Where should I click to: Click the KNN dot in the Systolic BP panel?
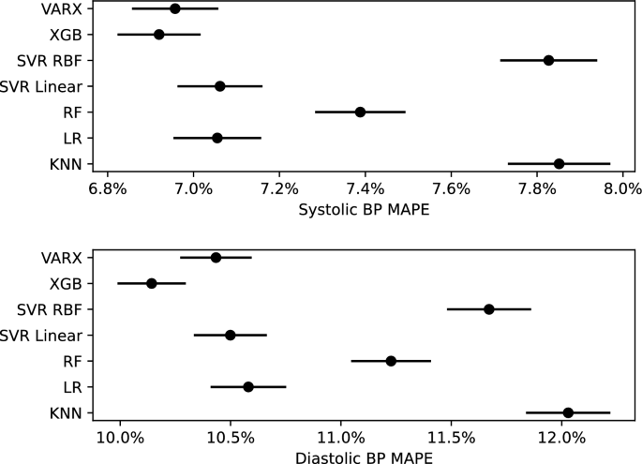point(559,163)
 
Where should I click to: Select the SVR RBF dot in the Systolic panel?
point(548,60)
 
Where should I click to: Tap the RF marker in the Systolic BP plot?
point(360,112)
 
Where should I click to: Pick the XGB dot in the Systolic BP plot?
point(158,35)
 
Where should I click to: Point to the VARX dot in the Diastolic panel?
point(216,257)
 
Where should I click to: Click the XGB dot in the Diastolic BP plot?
point(151,283)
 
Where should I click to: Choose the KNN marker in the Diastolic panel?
point(568,412)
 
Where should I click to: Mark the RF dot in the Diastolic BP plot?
point(391,361)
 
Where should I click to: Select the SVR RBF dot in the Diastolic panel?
point(488,308)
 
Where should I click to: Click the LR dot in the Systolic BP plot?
point(216,138)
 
